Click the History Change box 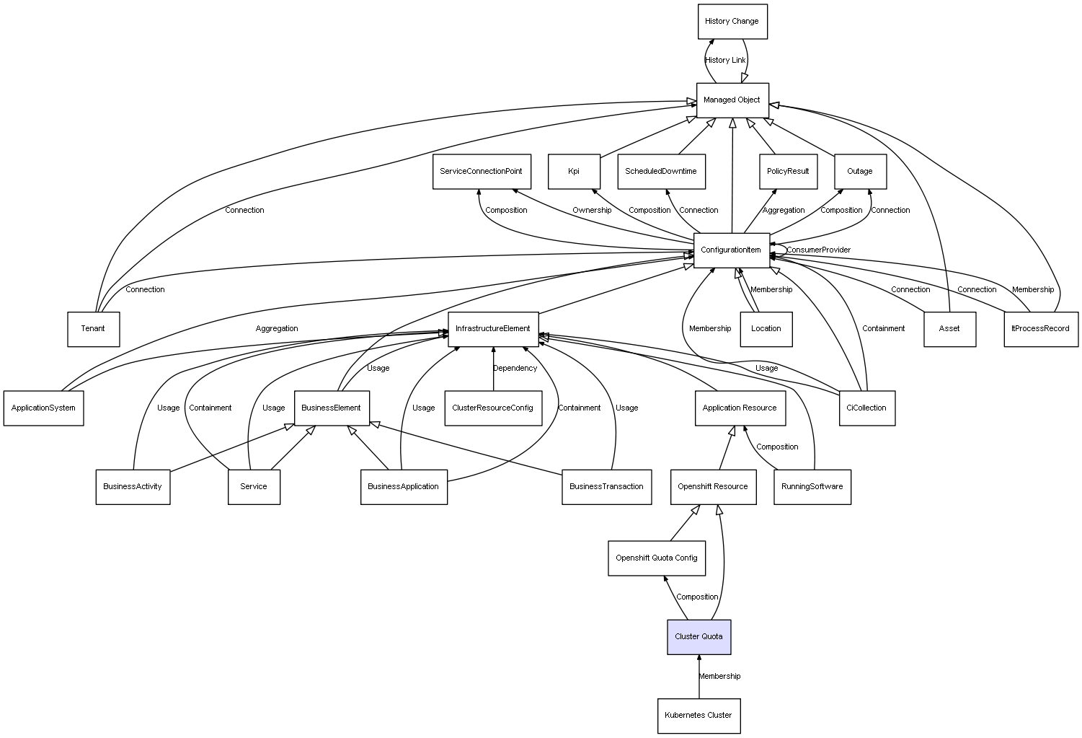[x=732, y=22]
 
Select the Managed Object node [x=732, y=100]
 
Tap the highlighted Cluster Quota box [x=699, y=637]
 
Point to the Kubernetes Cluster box [x=698, y=716]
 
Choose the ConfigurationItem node [x=731, y=250]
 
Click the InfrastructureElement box [x=493, y=329]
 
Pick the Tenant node [x=93, y=329]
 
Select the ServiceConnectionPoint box [x=482, y=172]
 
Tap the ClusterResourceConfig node [x=492, y=408]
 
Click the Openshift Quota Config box [x=656, y=558]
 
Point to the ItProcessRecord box [x=1040, y=329]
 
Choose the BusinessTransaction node [x=606, y=487]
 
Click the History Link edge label [x=725, y=61]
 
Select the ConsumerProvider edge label [x=818, y=250]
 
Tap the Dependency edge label [x=515, y=369]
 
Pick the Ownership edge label [x=592, y=211]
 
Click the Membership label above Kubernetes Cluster [x=719, y=677]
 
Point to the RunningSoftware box [x=812, y=487]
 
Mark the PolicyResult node [x=788, y=172]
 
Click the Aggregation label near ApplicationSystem [x=277, y=329]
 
